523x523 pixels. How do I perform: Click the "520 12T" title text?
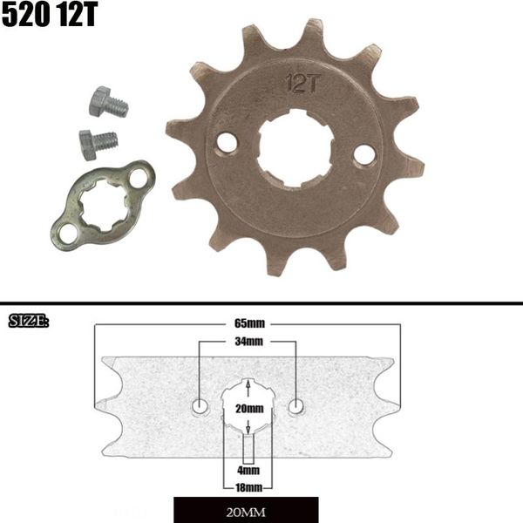click(x=51, y=16)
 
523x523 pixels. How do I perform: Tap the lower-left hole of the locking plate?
click(x=67, y=232)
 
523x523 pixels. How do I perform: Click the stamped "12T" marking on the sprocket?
click(x=299, y=85)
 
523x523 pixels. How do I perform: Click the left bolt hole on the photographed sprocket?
click(x=227, y=140)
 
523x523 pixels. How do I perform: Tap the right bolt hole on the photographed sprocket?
click(x=364, y=155)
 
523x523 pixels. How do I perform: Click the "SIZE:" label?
click(x=29, y=322)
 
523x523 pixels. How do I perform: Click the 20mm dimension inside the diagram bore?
click(x=248, y=408)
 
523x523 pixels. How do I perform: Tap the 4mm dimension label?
click(x=248, y=470)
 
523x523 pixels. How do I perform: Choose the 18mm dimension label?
click(x=248, y=486)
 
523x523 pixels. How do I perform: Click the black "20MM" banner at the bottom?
click(x=246, y=509)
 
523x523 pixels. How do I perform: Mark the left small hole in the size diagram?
click(x=200, y=405)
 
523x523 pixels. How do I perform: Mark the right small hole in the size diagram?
click(x=296, y=405)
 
